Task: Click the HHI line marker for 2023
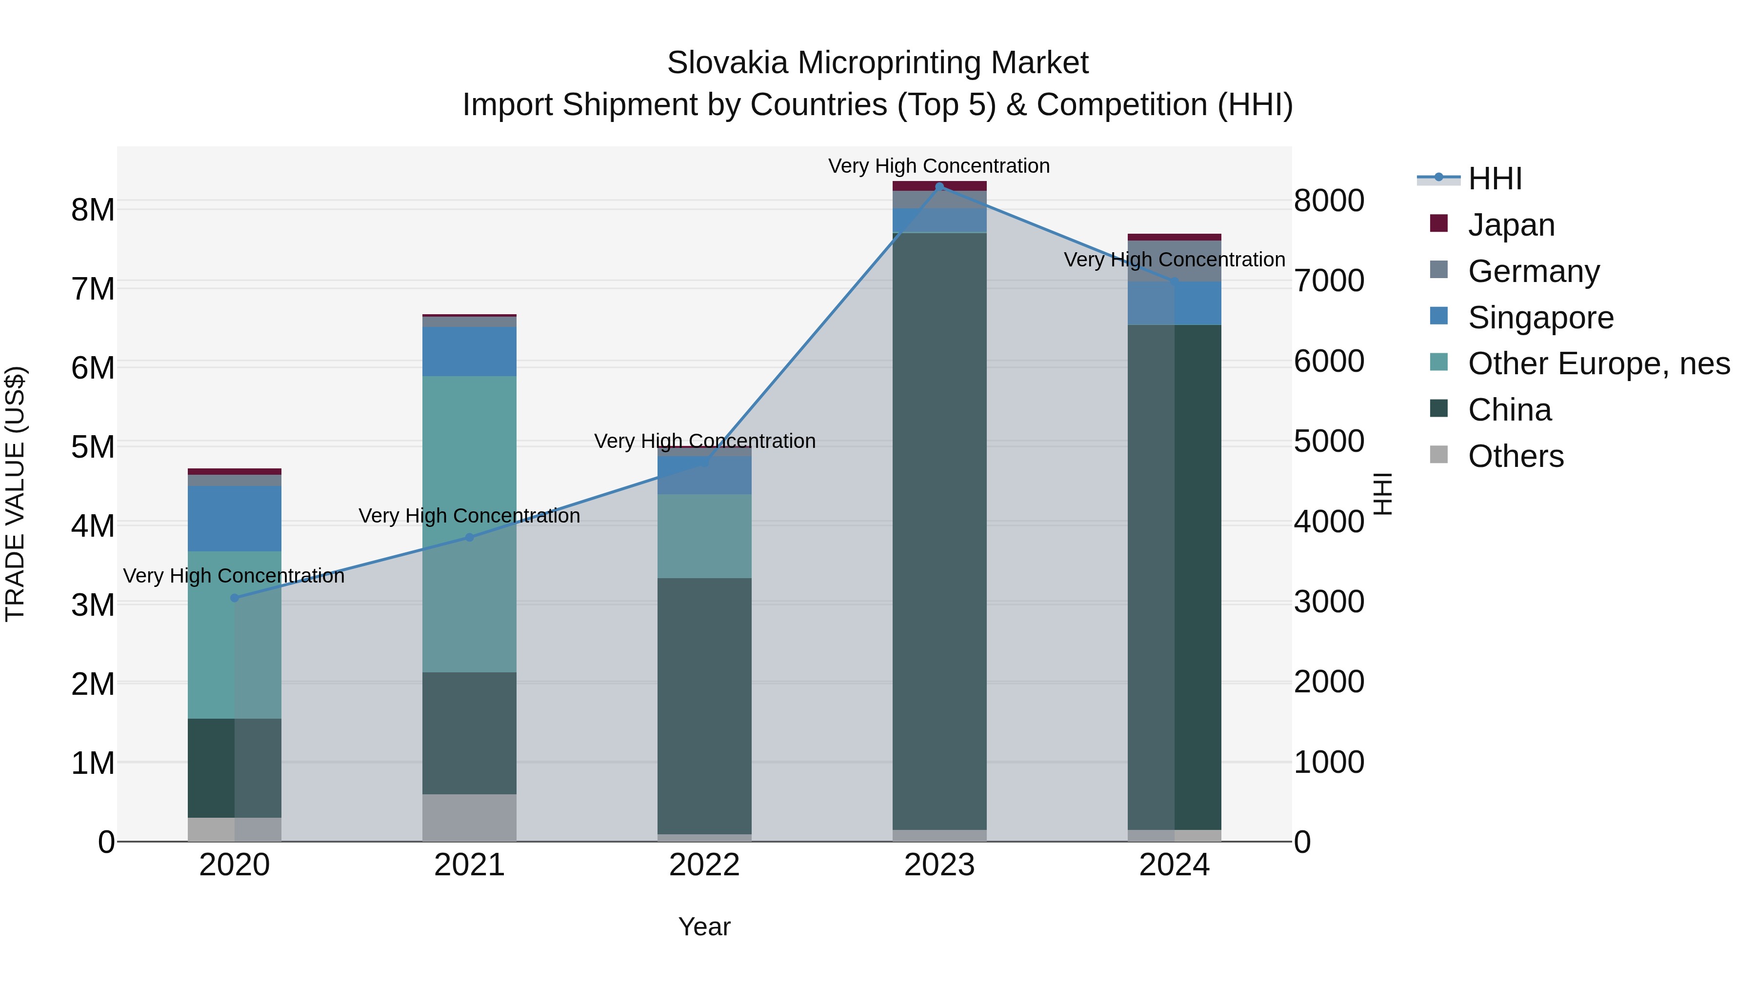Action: coord(939,187)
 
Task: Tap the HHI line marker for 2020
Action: coord(235,598)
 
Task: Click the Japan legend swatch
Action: coord(1438,223)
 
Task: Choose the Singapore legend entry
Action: coord(1540,318)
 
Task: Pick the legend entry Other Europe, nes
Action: coord(1598,364)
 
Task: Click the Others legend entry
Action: coord(1516,456)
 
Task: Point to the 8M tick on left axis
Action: coord(93,209)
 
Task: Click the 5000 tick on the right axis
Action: coord(1329,441)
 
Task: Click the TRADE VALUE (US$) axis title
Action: coord(15,494)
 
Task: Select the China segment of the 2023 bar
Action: coord(939,532)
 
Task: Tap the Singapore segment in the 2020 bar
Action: coord(235,518)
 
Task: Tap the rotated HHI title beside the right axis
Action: coord(1382,494)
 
